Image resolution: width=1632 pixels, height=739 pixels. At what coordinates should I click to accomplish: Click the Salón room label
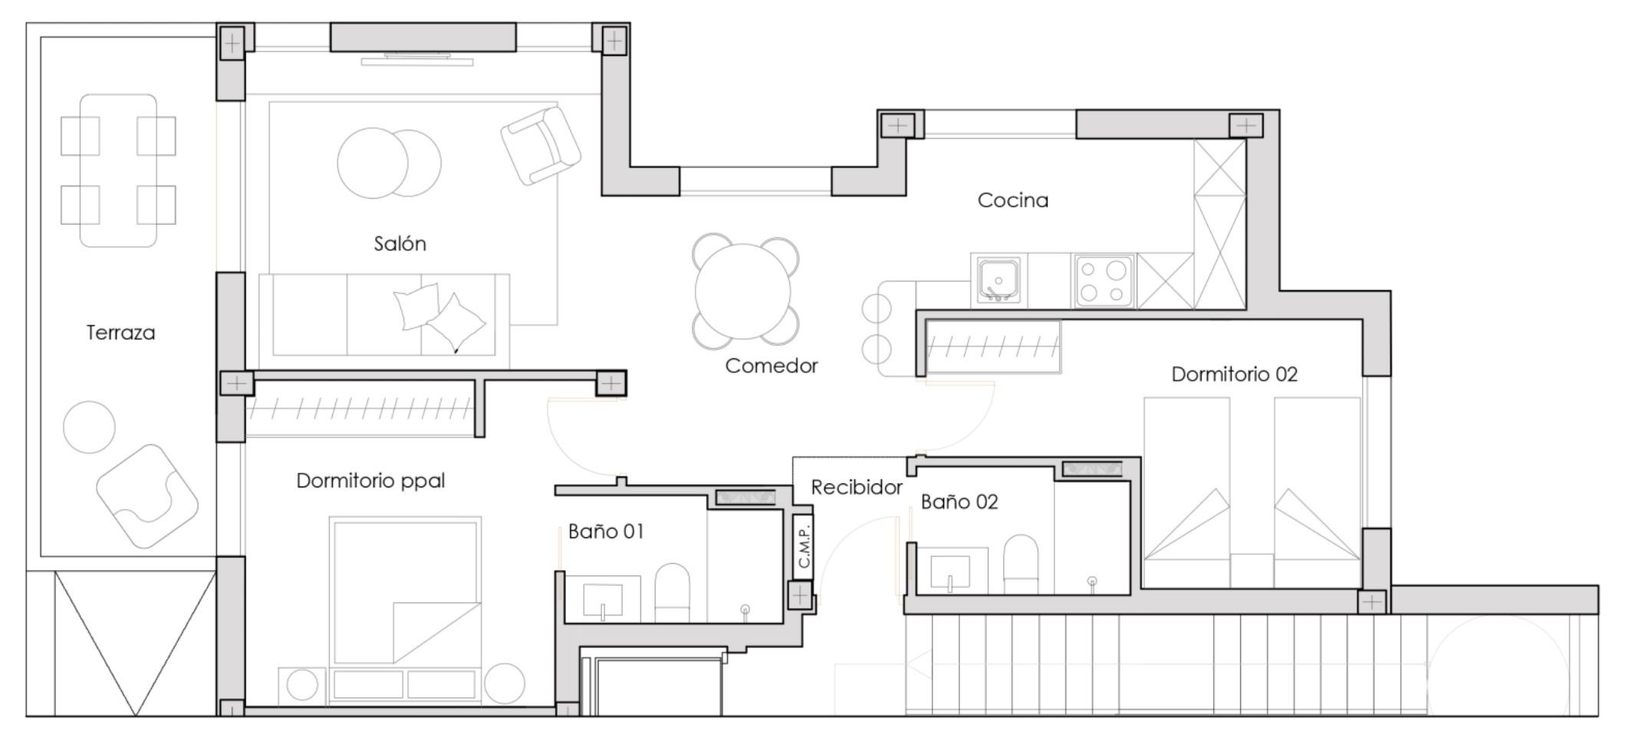click(400, 243)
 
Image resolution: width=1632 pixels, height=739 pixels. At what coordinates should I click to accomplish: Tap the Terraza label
click(120, 332)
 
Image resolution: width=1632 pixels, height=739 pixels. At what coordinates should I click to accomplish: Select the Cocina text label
click(1012, 200)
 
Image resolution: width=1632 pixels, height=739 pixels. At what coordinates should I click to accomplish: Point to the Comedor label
click(772, 365)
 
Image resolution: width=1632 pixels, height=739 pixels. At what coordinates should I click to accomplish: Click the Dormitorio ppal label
click(370, 480)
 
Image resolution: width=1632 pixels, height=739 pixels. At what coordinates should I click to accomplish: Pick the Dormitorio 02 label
click(1234, 374)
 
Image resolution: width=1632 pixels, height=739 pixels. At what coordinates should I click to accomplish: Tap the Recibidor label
click(857, 487)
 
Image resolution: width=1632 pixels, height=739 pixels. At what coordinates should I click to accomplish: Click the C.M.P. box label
click(804, 546)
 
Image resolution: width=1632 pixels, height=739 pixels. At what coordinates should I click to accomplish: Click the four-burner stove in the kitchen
click(1104, 281)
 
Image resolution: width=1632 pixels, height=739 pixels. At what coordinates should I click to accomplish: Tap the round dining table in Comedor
click(743, 292)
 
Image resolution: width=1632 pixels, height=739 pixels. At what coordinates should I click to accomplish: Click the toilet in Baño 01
click(673, 592)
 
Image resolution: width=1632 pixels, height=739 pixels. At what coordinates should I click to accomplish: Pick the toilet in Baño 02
click(1021, 564)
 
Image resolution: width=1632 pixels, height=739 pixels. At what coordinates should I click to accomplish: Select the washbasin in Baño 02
click(950, 571)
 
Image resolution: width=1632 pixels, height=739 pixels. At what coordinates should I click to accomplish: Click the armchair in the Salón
click(541, 145)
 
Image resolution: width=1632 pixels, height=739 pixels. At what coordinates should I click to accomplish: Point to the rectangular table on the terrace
click(118, 170)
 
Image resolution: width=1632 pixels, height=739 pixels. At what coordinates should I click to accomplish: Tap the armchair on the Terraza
click(146, 496)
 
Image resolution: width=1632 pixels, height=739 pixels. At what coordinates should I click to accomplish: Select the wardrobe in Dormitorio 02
click(993, 347)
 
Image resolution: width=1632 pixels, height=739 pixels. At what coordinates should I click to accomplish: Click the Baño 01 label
click(606, 531)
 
